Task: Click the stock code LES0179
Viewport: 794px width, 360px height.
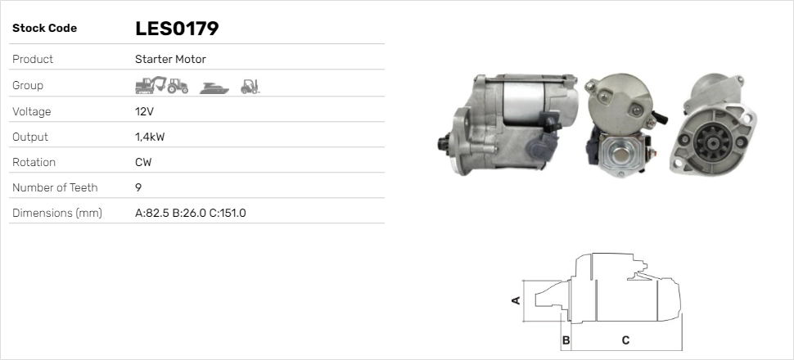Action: [177, 29]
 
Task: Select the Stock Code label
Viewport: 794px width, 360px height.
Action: [44, 29]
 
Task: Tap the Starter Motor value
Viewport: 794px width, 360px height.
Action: [170, 59]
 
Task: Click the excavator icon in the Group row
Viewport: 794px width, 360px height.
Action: [151, 85]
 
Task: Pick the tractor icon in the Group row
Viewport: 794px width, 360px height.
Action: [178, 86]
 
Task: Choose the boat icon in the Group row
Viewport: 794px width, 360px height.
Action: [214, 88]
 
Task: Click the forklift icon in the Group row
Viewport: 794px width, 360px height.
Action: [250, 87]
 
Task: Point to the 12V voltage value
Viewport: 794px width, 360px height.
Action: [144, 111]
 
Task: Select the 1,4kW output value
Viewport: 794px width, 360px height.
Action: [150, 137]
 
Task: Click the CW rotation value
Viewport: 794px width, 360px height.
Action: [143, 163]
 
